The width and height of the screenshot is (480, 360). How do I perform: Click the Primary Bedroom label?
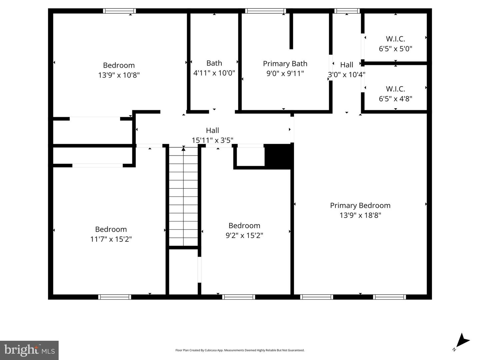(360, 205)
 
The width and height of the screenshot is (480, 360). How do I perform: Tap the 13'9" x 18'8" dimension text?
(360, 215)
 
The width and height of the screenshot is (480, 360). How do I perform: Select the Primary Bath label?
(285, 64)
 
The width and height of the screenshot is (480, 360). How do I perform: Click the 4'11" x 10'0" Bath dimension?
(214, 73)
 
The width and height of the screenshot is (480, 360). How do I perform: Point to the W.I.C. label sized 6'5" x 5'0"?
(395, 39)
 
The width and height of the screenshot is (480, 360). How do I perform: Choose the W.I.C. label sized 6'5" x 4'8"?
(395, 89)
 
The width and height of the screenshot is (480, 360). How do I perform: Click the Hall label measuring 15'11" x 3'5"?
(212, 131)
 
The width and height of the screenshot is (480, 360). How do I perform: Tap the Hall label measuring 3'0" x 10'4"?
(347, 65)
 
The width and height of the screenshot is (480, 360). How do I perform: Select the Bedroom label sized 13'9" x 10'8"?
(119, 65)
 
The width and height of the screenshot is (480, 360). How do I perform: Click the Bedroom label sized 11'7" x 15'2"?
(111, 229)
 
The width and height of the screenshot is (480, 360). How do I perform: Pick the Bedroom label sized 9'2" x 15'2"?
(244, 226)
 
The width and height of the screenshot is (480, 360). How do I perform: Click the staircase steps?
(183, 196)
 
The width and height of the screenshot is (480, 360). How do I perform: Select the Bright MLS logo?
(29, 350)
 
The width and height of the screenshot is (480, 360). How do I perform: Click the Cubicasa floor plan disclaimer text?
(240, 350)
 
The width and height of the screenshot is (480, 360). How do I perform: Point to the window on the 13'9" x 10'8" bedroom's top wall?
(119, 11)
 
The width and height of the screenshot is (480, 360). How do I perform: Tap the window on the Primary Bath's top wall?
(265, 11)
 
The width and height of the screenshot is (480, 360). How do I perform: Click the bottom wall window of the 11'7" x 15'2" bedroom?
(115, 297)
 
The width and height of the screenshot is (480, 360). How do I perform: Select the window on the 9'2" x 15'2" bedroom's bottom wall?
(239, 297)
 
